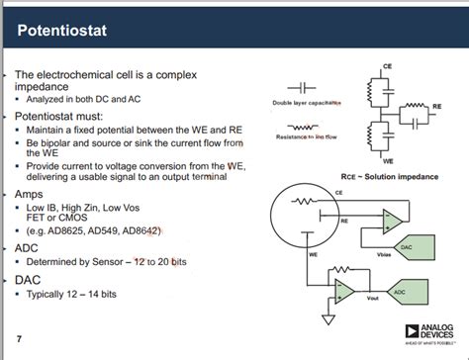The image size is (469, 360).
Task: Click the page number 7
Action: tap(20, 340)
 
